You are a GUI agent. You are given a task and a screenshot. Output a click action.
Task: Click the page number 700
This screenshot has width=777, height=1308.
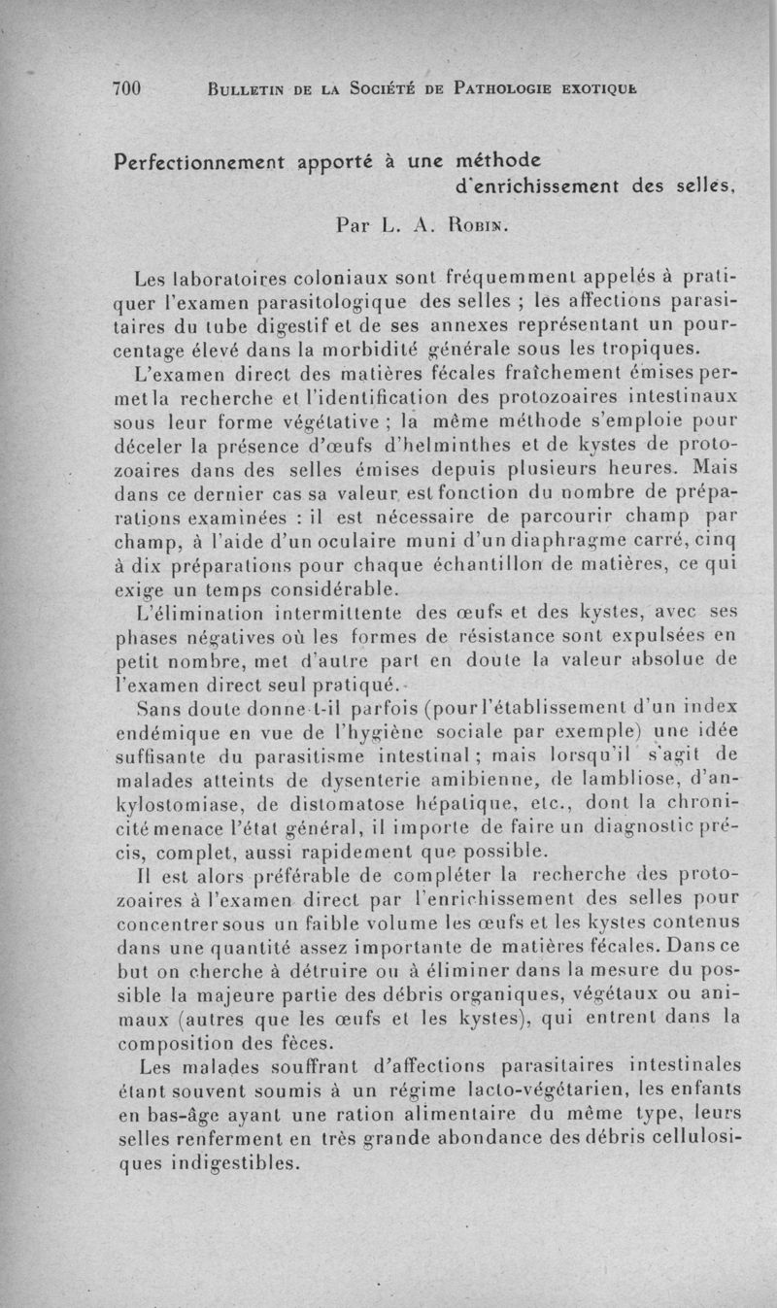pos(127,88)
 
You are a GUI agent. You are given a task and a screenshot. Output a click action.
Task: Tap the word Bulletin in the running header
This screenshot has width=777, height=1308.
pos(249,89)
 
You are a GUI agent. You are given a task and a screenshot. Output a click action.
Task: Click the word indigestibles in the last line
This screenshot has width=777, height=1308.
pos(203,1163)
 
